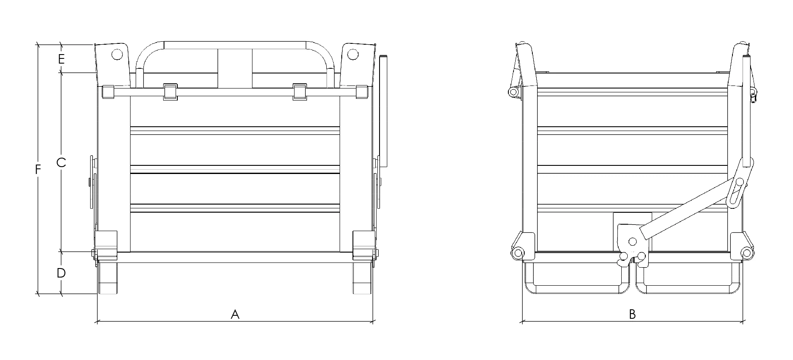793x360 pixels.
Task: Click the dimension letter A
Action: pos(235,314)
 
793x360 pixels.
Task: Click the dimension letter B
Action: pos(632,314)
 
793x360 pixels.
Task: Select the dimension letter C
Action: pos(61,162)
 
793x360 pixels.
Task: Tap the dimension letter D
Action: pos(61,273)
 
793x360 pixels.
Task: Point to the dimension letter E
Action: pos(61,59)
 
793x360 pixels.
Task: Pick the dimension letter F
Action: pos(38,170)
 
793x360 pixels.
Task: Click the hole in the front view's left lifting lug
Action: pos(116,55)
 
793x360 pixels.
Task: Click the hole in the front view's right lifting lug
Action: pos(352,55)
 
